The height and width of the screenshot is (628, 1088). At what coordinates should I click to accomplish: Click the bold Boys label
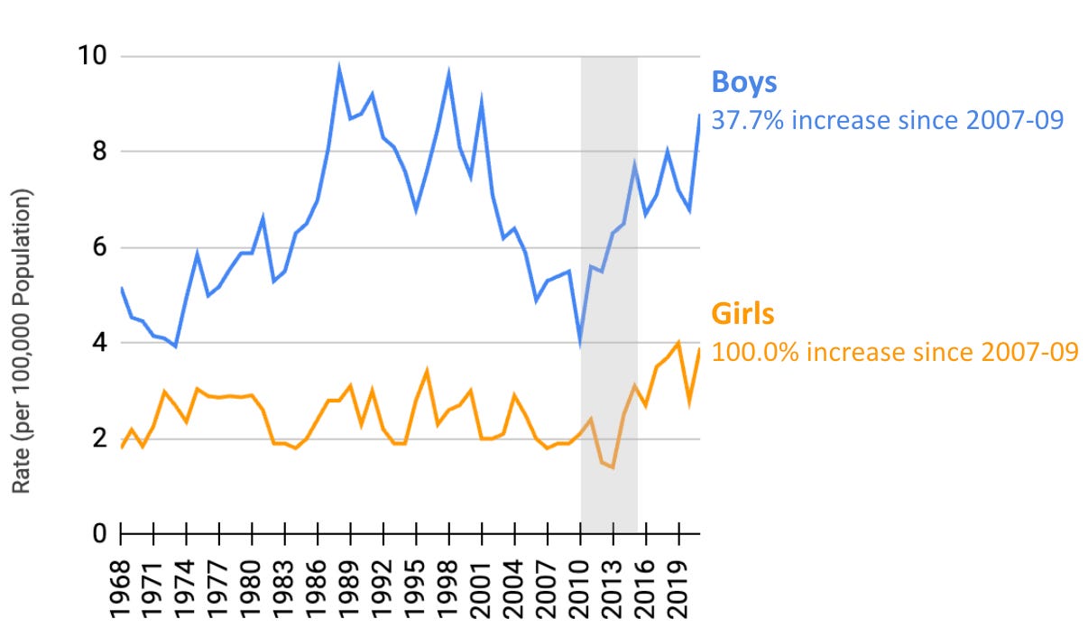tap(744, 82)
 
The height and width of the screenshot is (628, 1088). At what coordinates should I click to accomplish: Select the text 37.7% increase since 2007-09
tap(888, 119)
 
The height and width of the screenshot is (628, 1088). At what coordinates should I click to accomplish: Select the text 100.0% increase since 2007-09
tap(894, 351)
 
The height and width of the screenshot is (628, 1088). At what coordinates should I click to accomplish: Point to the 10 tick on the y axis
tap(92, 57)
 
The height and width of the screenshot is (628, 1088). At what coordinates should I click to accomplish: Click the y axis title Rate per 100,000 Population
tap(23, 341)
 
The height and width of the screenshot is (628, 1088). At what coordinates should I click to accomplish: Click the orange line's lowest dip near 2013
tap(613, 466)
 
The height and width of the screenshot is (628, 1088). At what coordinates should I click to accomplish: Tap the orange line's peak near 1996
tap(427, 371)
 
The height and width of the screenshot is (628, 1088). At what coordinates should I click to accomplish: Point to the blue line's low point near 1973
tap(175, 346)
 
